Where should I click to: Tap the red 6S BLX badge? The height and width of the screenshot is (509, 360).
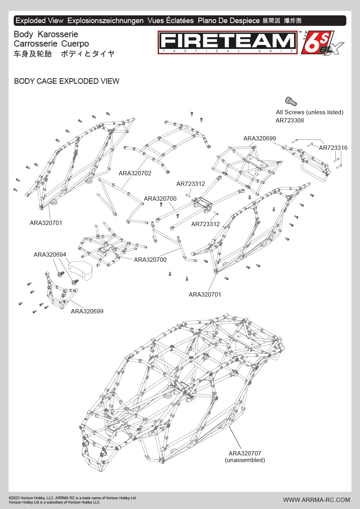pos(321,43)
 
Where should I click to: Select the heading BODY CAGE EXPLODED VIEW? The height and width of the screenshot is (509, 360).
pos(67,81)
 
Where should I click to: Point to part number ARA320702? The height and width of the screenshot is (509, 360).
pos(135,173)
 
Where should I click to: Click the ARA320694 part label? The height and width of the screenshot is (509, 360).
pos(50,255)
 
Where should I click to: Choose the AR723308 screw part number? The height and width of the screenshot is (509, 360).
pos(290,121)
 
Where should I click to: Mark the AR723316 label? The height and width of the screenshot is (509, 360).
pos(333,148)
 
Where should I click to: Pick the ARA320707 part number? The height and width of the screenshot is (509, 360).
pos(245,453)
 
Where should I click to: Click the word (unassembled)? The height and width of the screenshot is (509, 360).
pos(245,460)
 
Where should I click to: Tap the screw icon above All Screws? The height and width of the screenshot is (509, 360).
pos(290,101)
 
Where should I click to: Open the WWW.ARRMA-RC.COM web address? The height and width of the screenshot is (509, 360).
pos(317,500)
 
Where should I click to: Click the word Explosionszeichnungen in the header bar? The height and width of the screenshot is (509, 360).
pos(106,21)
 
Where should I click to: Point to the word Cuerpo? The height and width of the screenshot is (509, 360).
pos(75,44)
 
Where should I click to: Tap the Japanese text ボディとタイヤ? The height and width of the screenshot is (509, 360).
pos(88,54)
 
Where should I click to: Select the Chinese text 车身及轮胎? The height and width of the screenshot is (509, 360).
pos(33,54)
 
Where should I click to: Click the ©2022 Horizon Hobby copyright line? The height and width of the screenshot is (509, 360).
pos(73,498)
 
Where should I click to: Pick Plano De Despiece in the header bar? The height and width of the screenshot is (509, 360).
pos(229,21)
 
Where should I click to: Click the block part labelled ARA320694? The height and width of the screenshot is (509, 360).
pos(80,270)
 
